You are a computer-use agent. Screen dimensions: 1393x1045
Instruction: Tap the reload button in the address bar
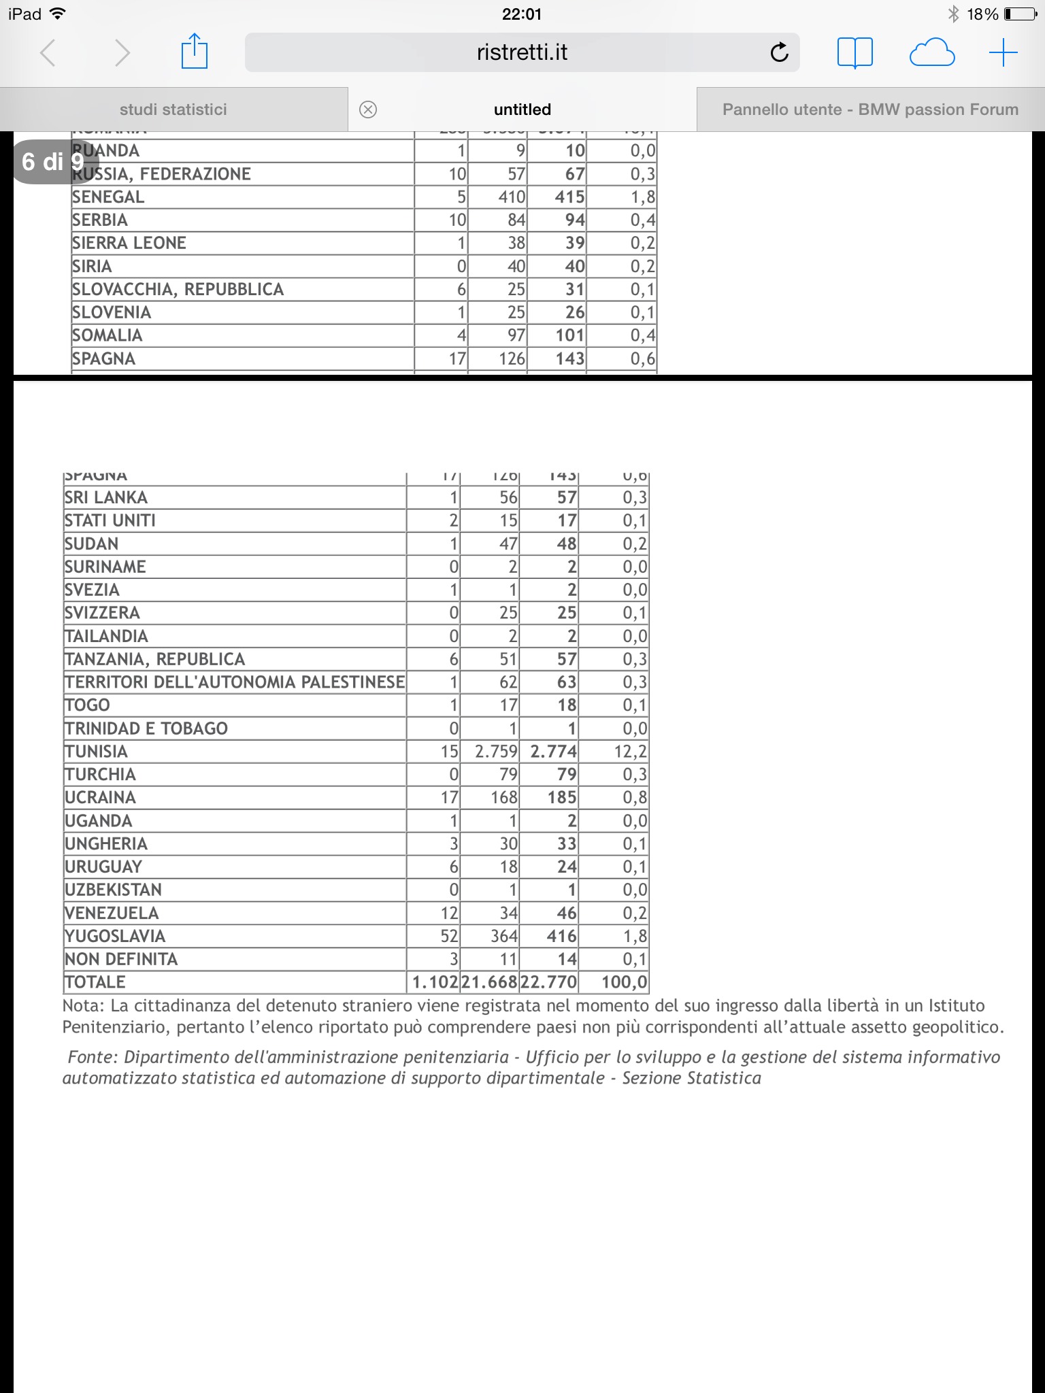point(779,52)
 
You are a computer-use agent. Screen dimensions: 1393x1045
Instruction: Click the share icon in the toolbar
point(194,52)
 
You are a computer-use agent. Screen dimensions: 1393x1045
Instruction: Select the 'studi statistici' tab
point(173,110)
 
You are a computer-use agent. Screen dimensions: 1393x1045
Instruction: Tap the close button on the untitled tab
point(368,110)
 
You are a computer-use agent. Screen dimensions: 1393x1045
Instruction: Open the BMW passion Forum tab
point(870,110)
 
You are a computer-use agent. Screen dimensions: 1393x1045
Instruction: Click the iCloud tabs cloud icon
point(931,52)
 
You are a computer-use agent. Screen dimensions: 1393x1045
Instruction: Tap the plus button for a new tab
point(1003,52)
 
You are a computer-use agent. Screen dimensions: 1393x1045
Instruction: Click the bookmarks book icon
point(855,52)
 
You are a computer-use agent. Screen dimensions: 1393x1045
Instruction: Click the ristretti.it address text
point(522,52)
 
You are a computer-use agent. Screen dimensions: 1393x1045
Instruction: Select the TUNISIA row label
point(96,752)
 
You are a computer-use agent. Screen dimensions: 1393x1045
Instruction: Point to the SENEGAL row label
point(108,197)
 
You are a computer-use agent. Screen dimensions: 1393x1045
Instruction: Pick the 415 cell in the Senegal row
point(569,197)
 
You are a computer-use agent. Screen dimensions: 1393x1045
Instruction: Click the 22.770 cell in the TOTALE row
point(548,982)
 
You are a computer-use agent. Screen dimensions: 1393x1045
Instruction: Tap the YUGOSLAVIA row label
point(115,937)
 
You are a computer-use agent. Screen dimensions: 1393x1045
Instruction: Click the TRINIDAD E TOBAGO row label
point(146,728)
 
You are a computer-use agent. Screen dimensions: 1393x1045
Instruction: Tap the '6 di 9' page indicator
point(53,162)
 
